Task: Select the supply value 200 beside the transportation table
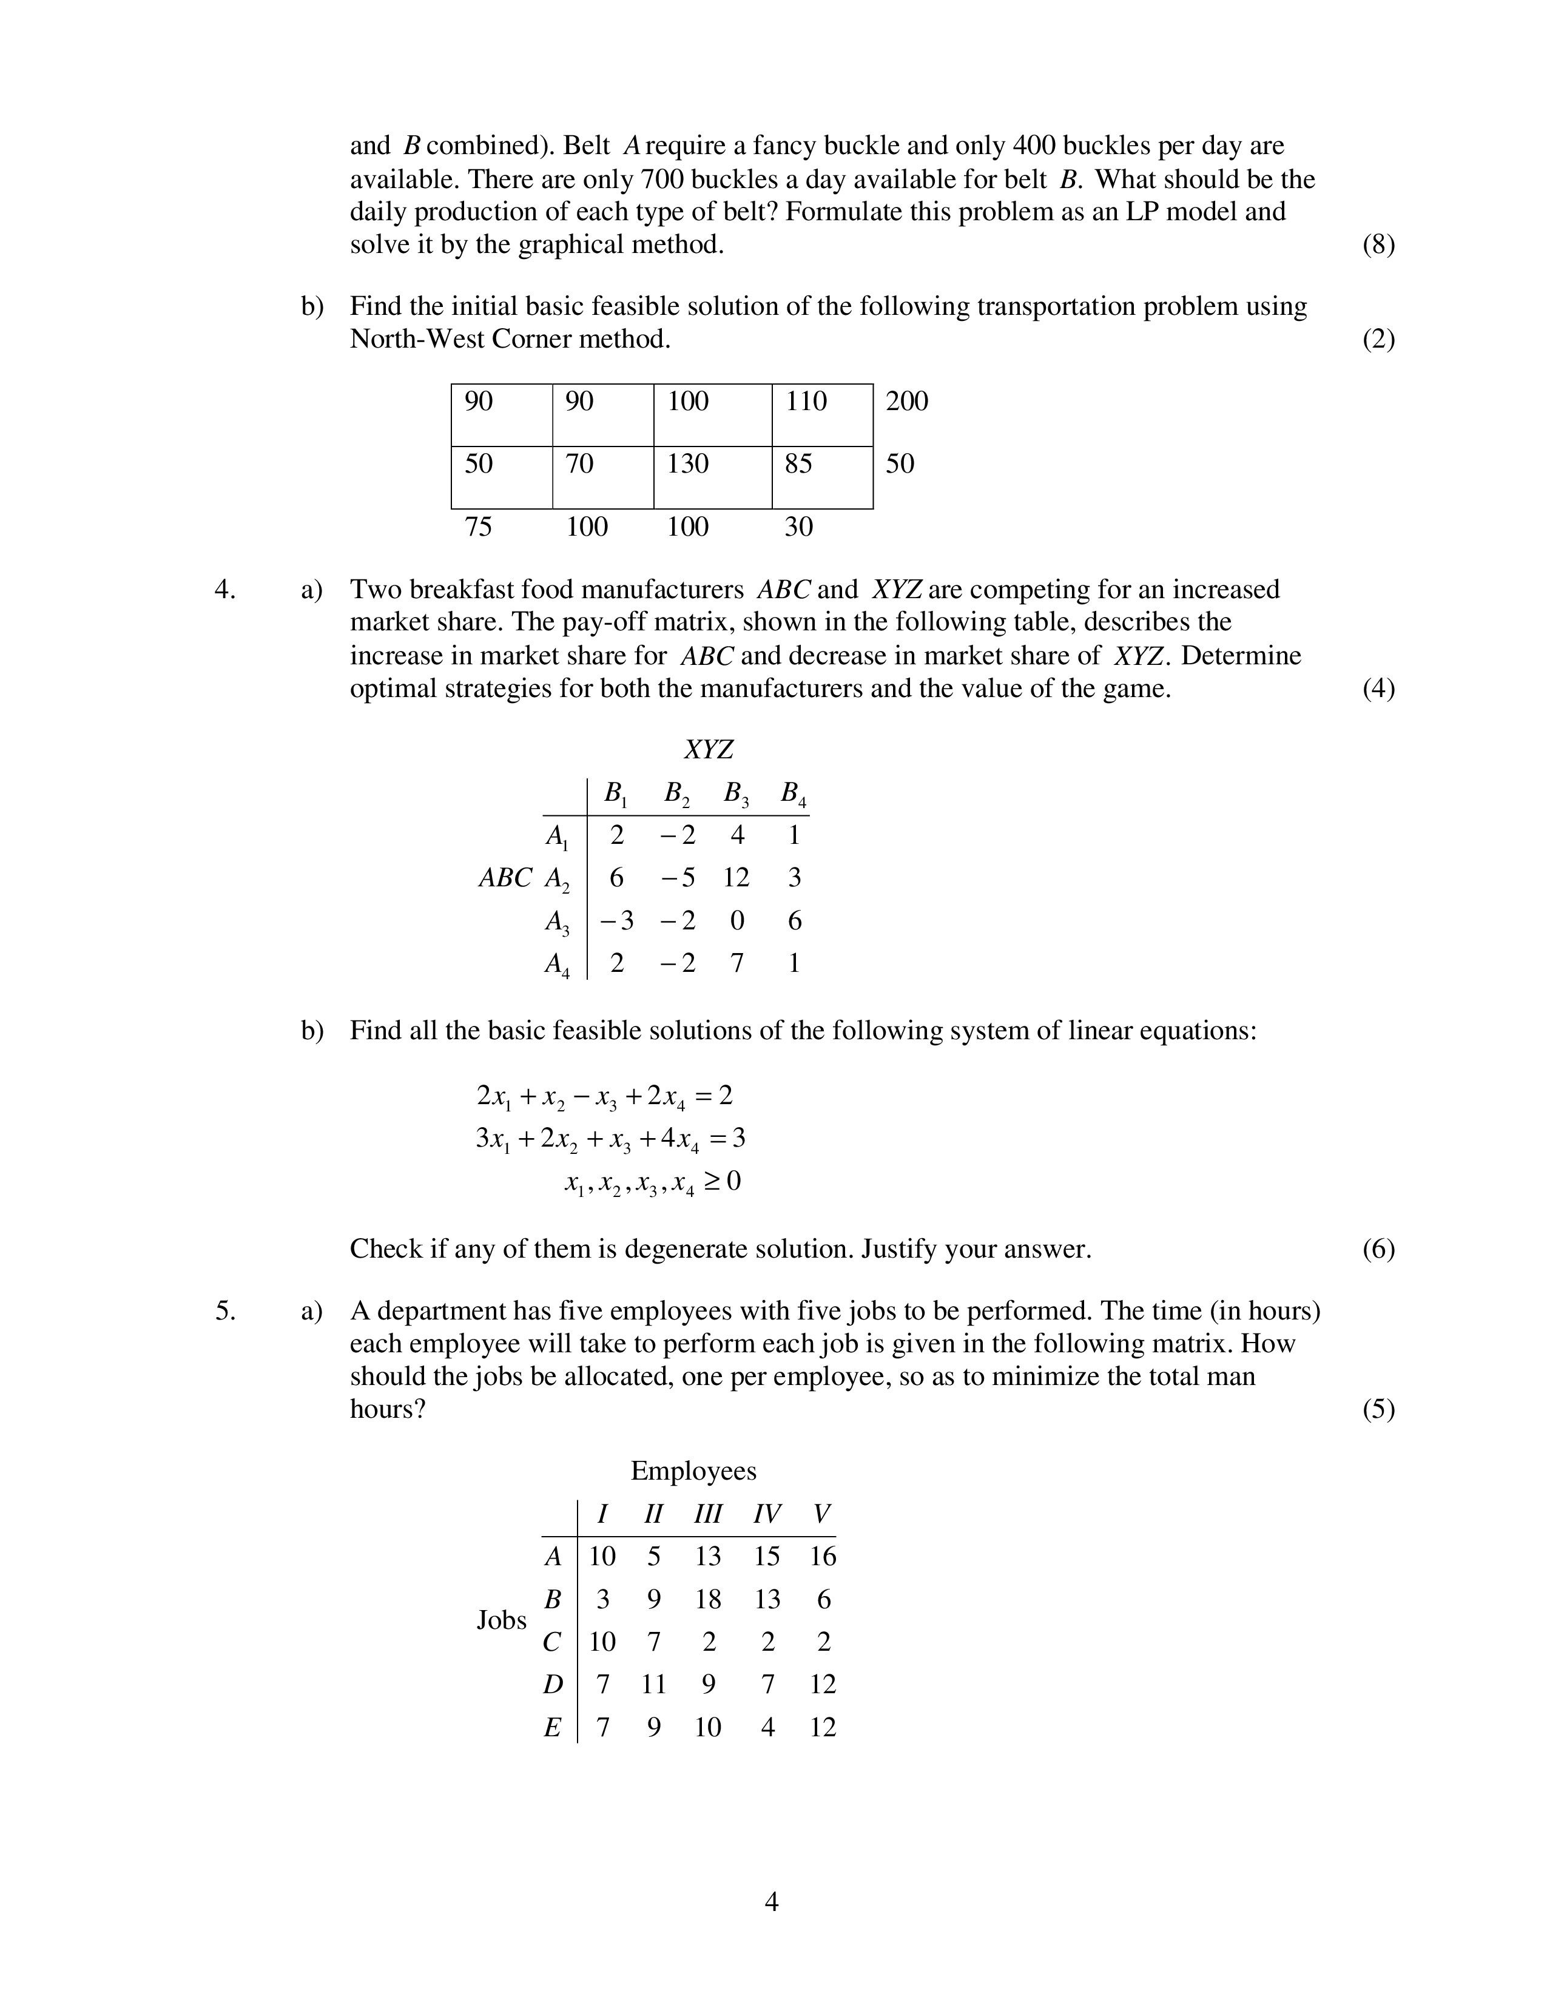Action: click(906, 402)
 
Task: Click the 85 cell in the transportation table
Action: click(798, 464)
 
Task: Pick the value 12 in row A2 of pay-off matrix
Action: click(736, 878)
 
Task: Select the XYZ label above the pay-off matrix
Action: click(709, 750)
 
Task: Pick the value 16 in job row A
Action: click(823, 1557)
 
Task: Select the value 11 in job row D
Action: click(653, 1685)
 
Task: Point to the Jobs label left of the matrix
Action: click(501, 1620)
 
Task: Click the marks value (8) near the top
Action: click(1378, 246)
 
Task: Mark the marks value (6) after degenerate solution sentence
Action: click(1378, 1249)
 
